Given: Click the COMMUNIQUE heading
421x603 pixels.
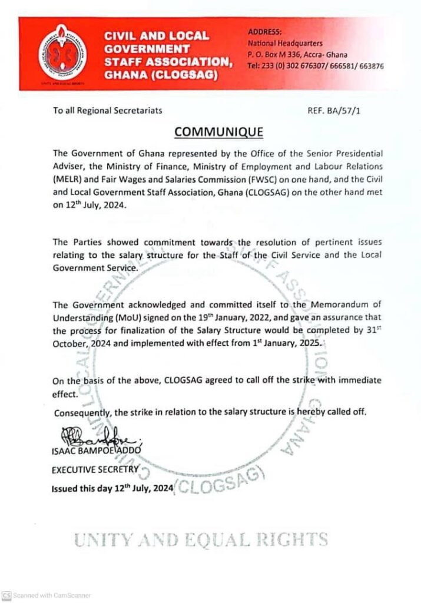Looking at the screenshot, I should [218, 130].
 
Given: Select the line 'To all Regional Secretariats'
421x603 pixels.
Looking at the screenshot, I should [107, 110].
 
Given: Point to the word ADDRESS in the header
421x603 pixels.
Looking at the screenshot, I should [265, 31].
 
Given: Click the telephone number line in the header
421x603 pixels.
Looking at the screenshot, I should [316, 67].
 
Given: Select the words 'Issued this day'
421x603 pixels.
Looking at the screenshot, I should [80, 489].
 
